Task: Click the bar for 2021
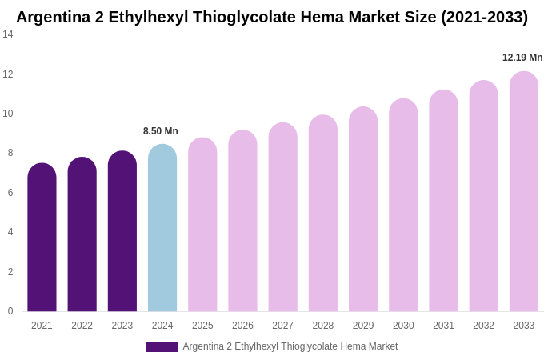click(x=42, y=238)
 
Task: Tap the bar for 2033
click(x=524, y=192)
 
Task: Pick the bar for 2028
click(x=323, y=214)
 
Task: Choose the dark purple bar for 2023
click(x=122, y=231)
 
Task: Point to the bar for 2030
click(x=403, y=206)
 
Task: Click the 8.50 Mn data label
click(x=161, y=131)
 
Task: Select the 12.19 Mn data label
click(x=522, y=58)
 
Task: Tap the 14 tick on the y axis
click(x=8, y=34)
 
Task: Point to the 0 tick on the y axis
click(x=10, y=311)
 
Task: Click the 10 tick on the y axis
click(x=8, y=114)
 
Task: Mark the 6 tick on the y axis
click(x=10, y=193)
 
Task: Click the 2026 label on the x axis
click(x=242, y=326)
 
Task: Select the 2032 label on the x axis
click(x=483, y=326)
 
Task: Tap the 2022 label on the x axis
click(x=82, y=326)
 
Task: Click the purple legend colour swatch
click(x=162, y=347)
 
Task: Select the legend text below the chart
click(x=290, y=346)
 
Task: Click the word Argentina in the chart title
click(x=54, y=17)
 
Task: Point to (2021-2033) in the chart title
click(x=484, y=17)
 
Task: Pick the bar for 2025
click(x=202, y=225)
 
